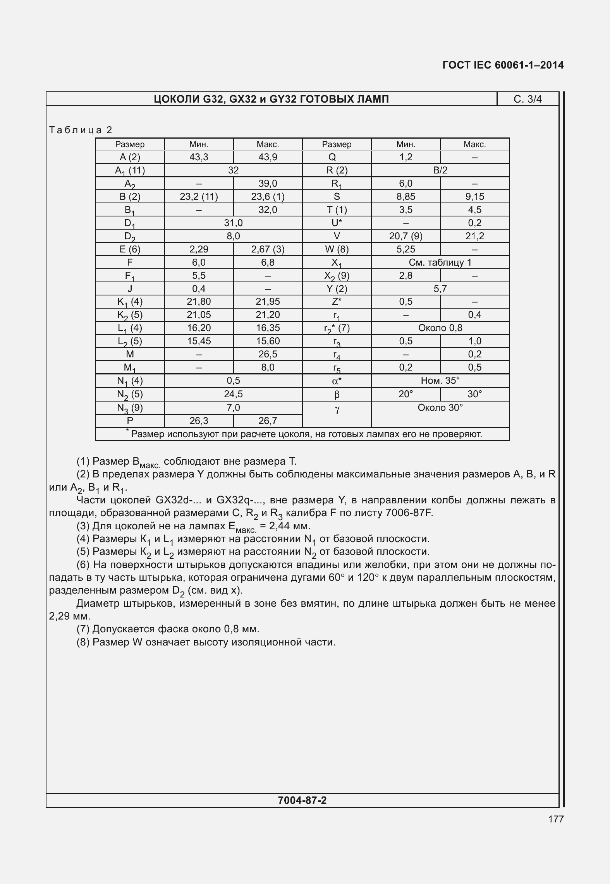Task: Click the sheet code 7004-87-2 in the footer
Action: [302, 800]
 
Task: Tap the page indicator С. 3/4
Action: [528, 100]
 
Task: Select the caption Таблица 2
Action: [81, 130]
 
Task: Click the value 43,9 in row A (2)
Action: [268, 157]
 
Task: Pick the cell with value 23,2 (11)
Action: [199, 197]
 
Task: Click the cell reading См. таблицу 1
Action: [440, 263]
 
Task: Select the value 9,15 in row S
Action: [474, 197]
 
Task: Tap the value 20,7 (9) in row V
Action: [406, 236]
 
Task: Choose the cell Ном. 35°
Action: [440, 381]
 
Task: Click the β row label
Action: [337, 395]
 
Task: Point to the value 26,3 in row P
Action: [199, 421]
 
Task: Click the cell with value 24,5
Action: [233, 394]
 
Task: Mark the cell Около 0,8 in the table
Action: [440, 328]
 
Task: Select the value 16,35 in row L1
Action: [268, 328]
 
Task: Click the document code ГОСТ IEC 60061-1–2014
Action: [503, 65]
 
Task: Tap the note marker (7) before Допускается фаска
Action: [83, 629]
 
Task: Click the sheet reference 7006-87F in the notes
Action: [409, 513]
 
